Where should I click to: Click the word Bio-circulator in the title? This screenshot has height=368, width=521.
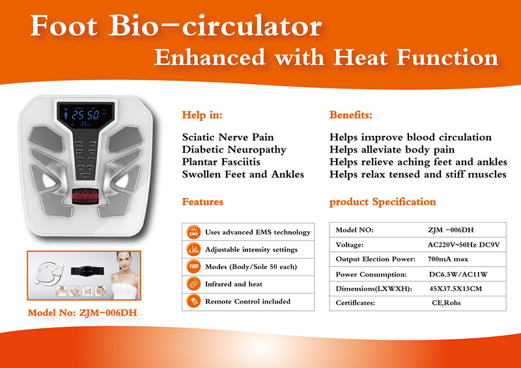click(x=216, y=26)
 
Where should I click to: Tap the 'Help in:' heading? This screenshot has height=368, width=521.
click(x=202, y=115)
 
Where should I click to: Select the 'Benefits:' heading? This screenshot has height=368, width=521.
click(x=350, y=115)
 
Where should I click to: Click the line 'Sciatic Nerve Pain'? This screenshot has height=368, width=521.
click(x=228, y=137)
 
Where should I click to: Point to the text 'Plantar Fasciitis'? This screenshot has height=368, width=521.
click(x=221, y=162)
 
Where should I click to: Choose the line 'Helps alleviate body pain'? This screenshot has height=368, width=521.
click(x=392, y=150)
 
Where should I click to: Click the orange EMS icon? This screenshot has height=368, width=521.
click(x=193, y=232)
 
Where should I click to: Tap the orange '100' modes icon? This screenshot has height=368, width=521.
click(x=193, y=266)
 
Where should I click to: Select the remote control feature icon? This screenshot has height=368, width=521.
click(x=193, y=301)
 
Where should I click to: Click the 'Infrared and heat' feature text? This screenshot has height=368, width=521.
click(x=234, y=284)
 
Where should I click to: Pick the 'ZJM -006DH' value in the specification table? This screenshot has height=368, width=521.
click(x=451, y=230)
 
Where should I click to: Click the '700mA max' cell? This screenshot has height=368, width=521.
click(x=448, y=259)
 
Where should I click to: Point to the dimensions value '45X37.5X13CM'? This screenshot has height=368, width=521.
click(x=455, y=289)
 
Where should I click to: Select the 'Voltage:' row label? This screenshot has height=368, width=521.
click(x=350, y=245)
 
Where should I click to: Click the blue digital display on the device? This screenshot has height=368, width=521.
click(x=86, y=115)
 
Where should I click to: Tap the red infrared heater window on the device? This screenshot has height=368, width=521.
click(x=85, y=196)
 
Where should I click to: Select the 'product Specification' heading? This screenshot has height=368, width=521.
click(x=382, y=202)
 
